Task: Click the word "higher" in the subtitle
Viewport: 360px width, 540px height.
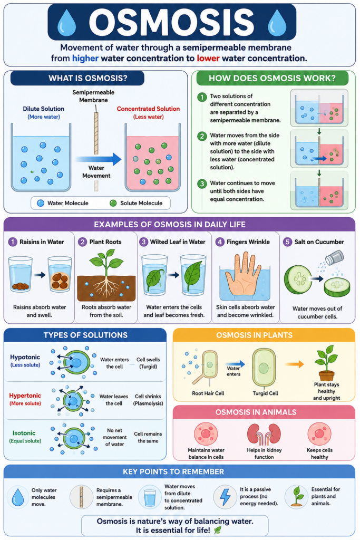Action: click(85, 58)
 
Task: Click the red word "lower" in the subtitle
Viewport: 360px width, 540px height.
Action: click(208, 58)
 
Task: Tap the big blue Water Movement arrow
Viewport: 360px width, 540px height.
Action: click(99, 159)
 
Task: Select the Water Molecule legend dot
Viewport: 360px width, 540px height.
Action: click(41, 203)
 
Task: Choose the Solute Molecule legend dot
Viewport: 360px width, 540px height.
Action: click(113, 203)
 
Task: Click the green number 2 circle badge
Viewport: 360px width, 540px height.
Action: click(202, 136)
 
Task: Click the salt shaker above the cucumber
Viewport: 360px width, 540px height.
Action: click(335, 257)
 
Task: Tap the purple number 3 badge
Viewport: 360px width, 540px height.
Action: click(143, 242)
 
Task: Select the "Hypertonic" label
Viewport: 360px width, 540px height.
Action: click(25, 396)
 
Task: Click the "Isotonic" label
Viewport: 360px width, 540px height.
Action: click(24, 433)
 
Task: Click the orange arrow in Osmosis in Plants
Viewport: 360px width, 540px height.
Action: click(295, 364)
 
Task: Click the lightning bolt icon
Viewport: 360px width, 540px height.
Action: click(225, 496)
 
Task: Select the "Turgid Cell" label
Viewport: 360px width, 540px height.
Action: click(265, 393)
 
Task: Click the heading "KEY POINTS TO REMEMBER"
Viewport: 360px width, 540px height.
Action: click(173, 472)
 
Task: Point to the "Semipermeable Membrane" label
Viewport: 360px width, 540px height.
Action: click(93, 96)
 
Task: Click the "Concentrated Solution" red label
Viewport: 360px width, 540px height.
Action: click(148, 109)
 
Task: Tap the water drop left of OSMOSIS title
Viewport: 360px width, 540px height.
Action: click(67, 23)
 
